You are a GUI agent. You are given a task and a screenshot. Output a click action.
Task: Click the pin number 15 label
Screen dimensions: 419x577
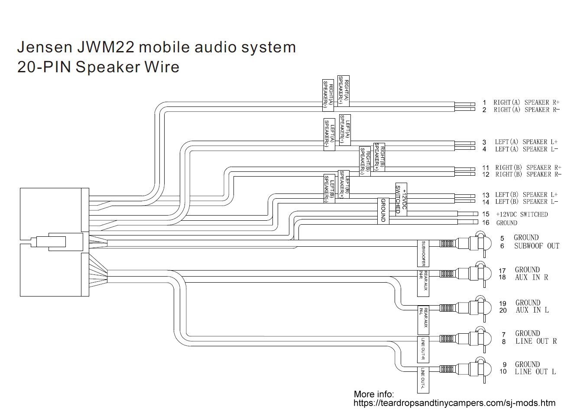point(486,214)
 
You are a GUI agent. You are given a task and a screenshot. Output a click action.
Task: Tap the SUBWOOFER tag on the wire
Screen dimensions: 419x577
point(423,254)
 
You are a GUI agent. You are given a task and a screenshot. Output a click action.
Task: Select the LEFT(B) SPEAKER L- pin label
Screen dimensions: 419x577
point(526,202)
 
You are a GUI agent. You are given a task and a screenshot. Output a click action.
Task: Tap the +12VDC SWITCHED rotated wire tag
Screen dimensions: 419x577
point(400,200)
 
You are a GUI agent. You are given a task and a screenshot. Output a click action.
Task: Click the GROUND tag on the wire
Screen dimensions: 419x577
point(383,211)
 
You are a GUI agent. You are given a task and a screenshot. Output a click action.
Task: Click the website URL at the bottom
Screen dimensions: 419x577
point(454,403)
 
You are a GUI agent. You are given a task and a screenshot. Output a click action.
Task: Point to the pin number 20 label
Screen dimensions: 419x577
point(503,310)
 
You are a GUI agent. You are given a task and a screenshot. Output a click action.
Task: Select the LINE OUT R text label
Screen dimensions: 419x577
point(535,341)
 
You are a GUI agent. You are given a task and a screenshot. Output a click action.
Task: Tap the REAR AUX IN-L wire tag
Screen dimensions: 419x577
point(423,318)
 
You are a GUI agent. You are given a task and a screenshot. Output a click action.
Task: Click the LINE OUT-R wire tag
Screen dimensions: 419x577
point(423,349)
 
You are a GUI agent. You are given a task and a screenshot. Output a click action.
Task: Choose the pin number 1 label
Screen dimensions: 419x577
point(484,103)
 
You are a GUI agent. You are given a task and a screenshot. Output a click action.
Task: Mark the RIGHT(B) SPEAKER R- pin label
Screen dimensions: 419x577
point(528,174)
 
